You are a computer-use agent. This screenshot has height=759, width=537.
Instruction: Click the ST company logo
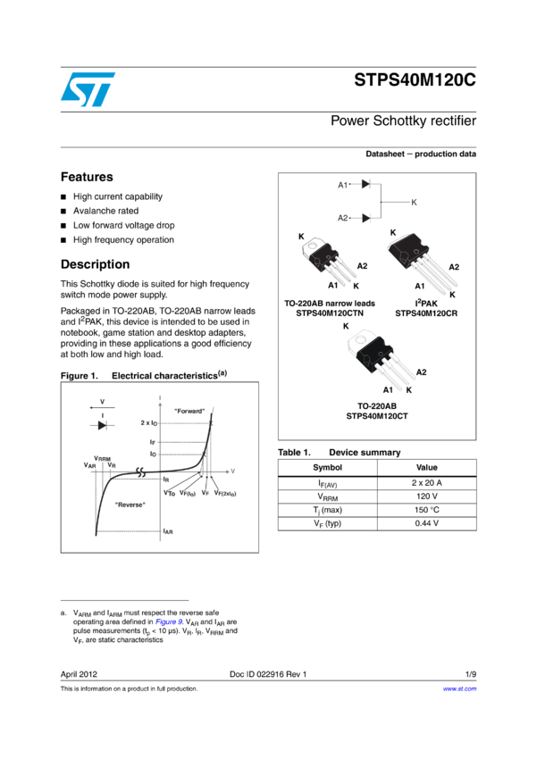point(88,89)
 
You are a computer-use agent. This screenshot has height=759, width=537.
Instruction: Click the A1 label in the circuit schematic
point(342,185)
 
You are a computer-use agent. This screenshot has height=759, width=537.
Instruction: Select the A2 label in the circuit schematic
point(342,218)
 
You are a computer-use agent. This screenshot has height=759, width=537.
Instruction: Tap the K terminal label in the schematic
point(414,203)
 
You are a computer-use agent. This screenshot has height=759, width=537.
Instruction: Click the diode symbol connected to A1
point(365,184)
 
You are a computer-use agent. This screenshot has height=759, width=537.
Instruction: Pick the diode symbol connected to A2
point(365,218)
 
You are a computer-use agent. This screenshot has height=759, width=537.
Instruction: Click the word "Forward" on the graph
point(189,411)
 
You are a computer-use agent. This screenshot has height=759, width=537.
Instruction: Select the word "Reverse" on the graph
point(130,505)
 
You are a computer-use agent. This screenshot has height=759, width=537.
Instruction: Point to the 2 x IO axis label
point(150,422)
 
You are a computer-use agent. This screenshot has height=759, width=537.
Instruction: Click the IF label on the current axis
point(154,442)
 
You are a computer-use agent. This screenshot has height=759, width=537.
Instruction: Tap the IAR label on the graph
point(167,531)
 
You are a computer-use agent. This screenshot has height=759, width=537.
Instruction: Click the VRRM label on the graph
point(102,458)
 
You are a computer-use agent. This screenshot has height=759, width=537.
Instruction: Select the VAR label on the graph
point(89,465)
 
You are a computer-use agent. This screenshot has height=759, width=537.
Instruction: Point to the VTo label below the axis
point(170,493)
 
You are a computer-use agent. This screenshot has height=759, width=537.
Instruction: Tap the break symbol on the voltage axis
point(140,471)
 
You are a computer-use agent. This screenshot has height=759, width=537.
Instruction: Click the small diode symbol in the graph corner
point(102,425)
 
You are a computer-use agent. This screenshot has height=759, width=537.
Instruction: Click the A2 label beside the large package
point(454,267)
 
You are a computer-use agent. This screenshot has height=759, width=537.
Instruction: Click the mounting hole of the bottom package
point(365,339)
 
